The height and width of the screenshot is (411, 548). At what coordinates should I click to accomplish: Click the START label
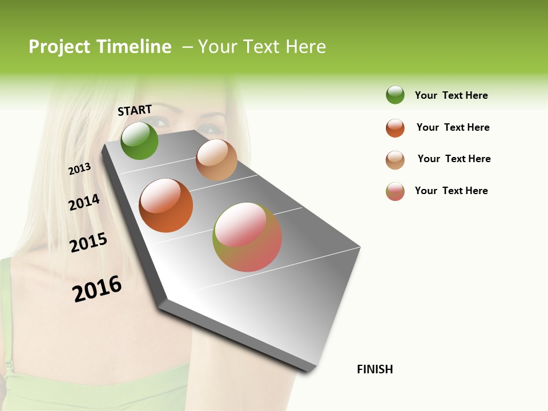(x=135, y=110)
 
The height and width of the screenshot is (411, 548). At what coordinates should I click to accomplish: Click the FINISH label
(x=374, y=369)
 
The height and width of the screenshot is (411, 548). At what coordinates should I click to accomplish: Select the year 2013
(x=79, y=169)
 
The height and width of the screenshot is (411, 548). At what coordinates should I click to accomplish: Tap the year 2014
(x=84, y=202)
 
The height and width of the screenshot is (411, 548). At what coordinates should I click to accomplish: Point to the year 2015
(x=88, y=243)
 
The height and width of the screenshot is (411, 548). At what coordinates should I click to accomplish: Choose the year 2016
(x=97, y=289)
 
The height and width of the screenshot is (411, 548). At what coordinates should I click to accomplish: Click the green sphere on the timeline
(x=139, y=141)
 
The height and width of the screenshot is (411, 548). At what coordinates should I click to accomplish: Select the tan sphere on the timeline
(x=216, y=160)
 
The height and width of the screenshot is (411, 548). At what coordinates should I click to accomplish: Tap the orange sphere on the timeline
(x=166, y=205)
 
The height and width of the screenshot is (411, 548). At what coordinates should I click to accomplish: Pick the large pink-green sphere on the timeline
(x=247, y=237)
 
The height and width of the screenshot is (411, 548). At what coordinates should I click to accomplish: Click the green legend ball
(x=395, y=95)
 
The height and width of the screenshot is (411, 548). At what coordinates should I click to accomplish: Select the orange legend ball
(x=395, y=128)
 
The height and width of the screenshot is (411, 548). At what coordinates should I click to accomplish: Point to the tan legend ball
(x=395, y=160)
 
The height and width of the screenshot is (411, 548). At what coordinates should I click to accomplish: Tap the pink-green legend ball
(x=395, y=191)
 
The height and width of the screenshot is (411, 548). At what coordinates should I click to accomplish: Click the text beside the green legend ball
(x=451, y=95)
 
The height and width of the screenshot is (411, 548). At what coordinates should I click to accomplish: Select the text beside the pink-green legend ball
(x=451, y=191)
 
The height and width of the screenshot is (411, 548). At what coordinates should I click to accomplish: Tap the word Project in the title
(x=59, y=47)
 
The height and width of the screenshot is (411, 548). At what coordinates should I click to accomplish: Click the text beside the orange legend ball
(x=453, y=127)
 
